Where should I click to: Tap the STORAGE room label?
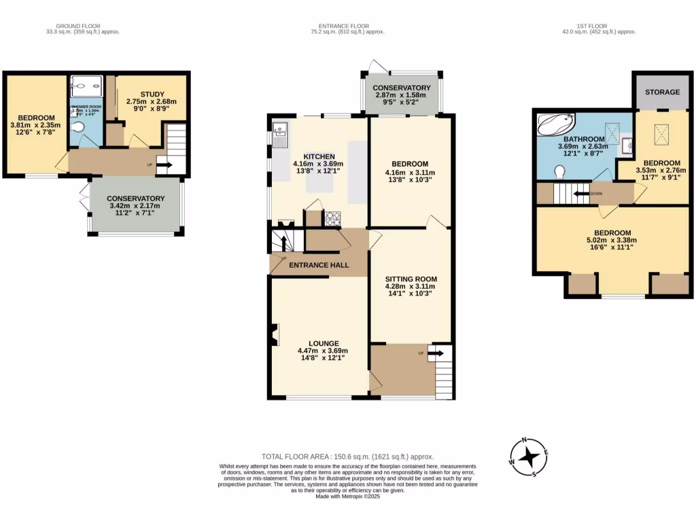tap(662, 92)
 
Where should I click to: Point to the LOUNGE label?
tap(319, 343)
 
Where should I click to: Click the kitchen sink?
tap(280, 137)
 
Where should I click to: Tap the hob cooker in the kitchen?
tap(333, 219)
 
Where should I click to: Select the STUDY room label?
tap(152, 94)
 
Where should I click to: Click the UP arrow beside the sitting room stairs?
tap(436, 353)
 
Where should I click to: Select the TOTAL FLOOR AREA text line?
tap(347, 457)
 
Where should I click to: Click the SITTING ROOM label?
tap(411, 279)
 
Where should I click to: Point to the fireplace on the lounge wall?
tap(274, 336)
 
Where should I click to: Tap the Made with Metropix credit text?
tap(347, 497)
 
